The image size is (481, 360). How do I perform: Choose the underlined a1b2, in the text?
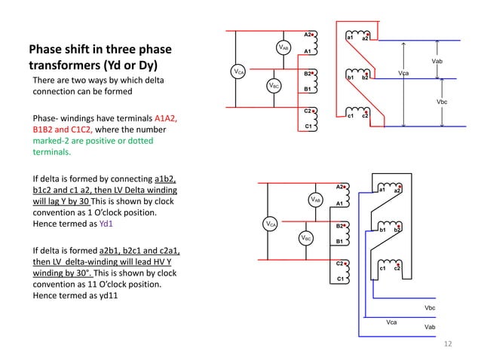click(164, 178)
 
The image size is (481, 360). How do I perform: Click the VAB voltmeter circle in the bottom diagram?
click(316, 200)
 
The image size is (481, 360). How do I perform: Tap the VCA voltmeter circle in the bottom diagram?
click(270, 224)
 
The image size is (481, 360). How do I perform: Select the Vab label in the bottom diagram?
click(430, 328)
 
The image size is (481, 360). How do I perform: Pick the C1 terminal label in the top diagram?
click(307, 127)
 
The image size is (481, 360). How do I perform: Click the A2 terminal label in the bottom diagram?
click(339, 186)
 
